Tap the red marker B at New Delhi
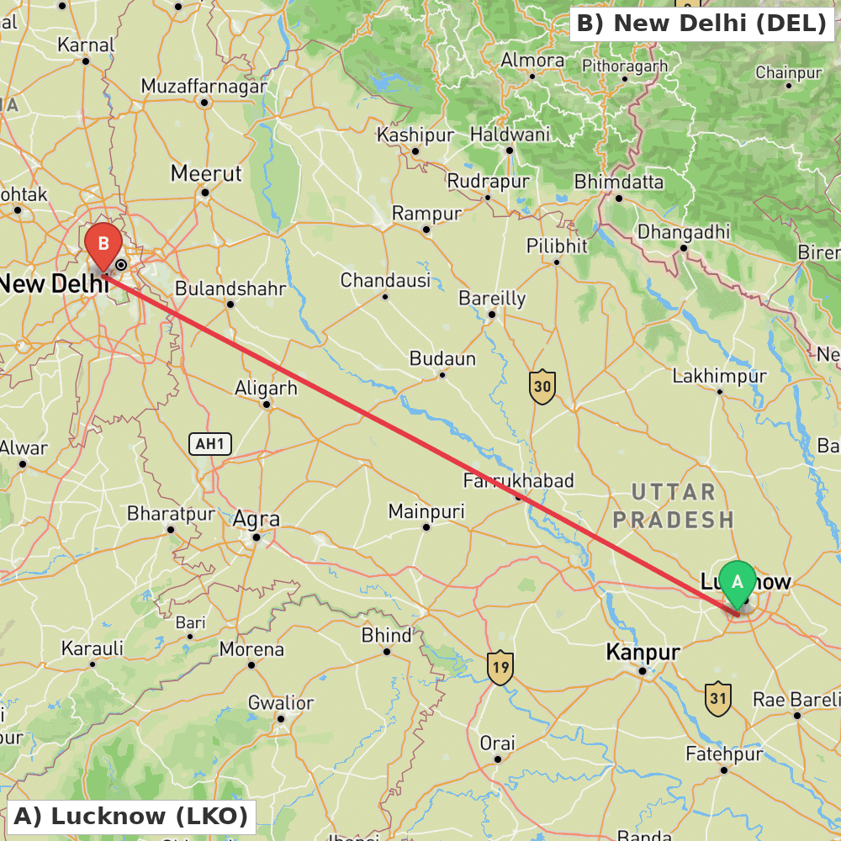(103, 245)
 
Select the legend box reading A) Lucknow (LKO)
(130, 816)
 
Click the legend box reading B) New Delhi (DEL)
(701, 24)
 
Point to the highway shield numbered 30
(542, 387)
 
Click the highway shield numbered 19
(500, 668)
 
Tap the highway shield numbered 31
(717, 698)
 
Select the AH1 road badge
(209, 444)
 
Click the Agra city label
(256, 519)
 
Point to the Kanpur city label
(643, 652)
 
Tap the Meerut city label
(206, 173)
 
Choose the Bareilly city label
(492, 299)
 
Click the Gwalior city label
(281, 703)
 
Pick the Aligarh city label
(266, 388)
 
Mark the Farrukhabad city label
(518, 481)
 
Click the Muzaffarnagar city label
(204, 86)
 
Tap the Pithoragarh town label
(625, 66)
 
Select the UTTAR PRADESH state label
(673, 505)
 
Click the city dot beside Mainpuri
(426, 527)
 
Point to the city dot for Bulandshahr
(230, 304)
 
